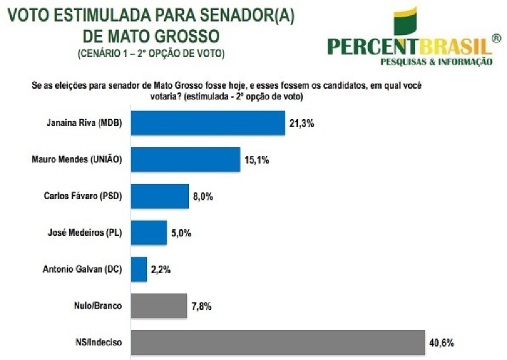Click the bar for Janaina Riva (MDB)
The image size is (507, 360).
(208, 122)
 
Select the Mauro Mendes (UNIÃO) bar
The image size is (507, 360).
(186, 160)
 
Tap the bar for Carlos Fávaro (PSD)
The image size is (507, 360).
(160, 196)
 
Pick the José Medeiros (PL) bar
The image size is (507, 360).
(149, 233)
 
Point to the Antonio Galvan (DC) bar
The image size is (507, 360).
(139, 269)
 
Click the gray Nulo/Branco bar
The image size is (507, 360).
(159, 306)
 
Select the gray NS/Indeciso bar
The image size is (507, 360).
(278, 343)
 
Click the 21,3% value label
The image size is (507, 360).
(302, 123)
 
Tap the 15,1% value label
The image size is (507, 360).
(257, 160)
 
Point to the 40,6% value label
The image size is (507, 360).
(442, 343)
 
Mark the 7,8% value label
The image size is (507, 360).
(201, 307)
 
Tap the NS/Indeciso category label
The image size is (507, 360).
(101, 343)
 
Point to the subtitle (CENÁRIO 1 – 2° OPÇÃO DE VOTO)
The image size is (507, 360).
(151, 53)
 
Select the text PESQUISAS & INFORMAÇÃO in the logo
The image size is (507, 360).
(435, 61)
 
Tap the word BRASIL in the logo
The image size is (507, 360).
(453, 46)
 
